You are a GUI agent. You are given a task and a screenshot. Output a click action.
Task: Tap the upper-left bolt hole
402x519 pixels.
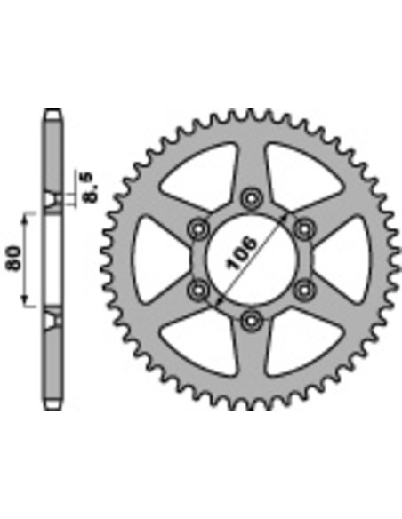(197, 228)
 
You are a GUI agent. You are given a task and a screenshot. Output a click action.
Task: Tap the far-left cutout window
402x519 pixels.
(158, 258)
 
